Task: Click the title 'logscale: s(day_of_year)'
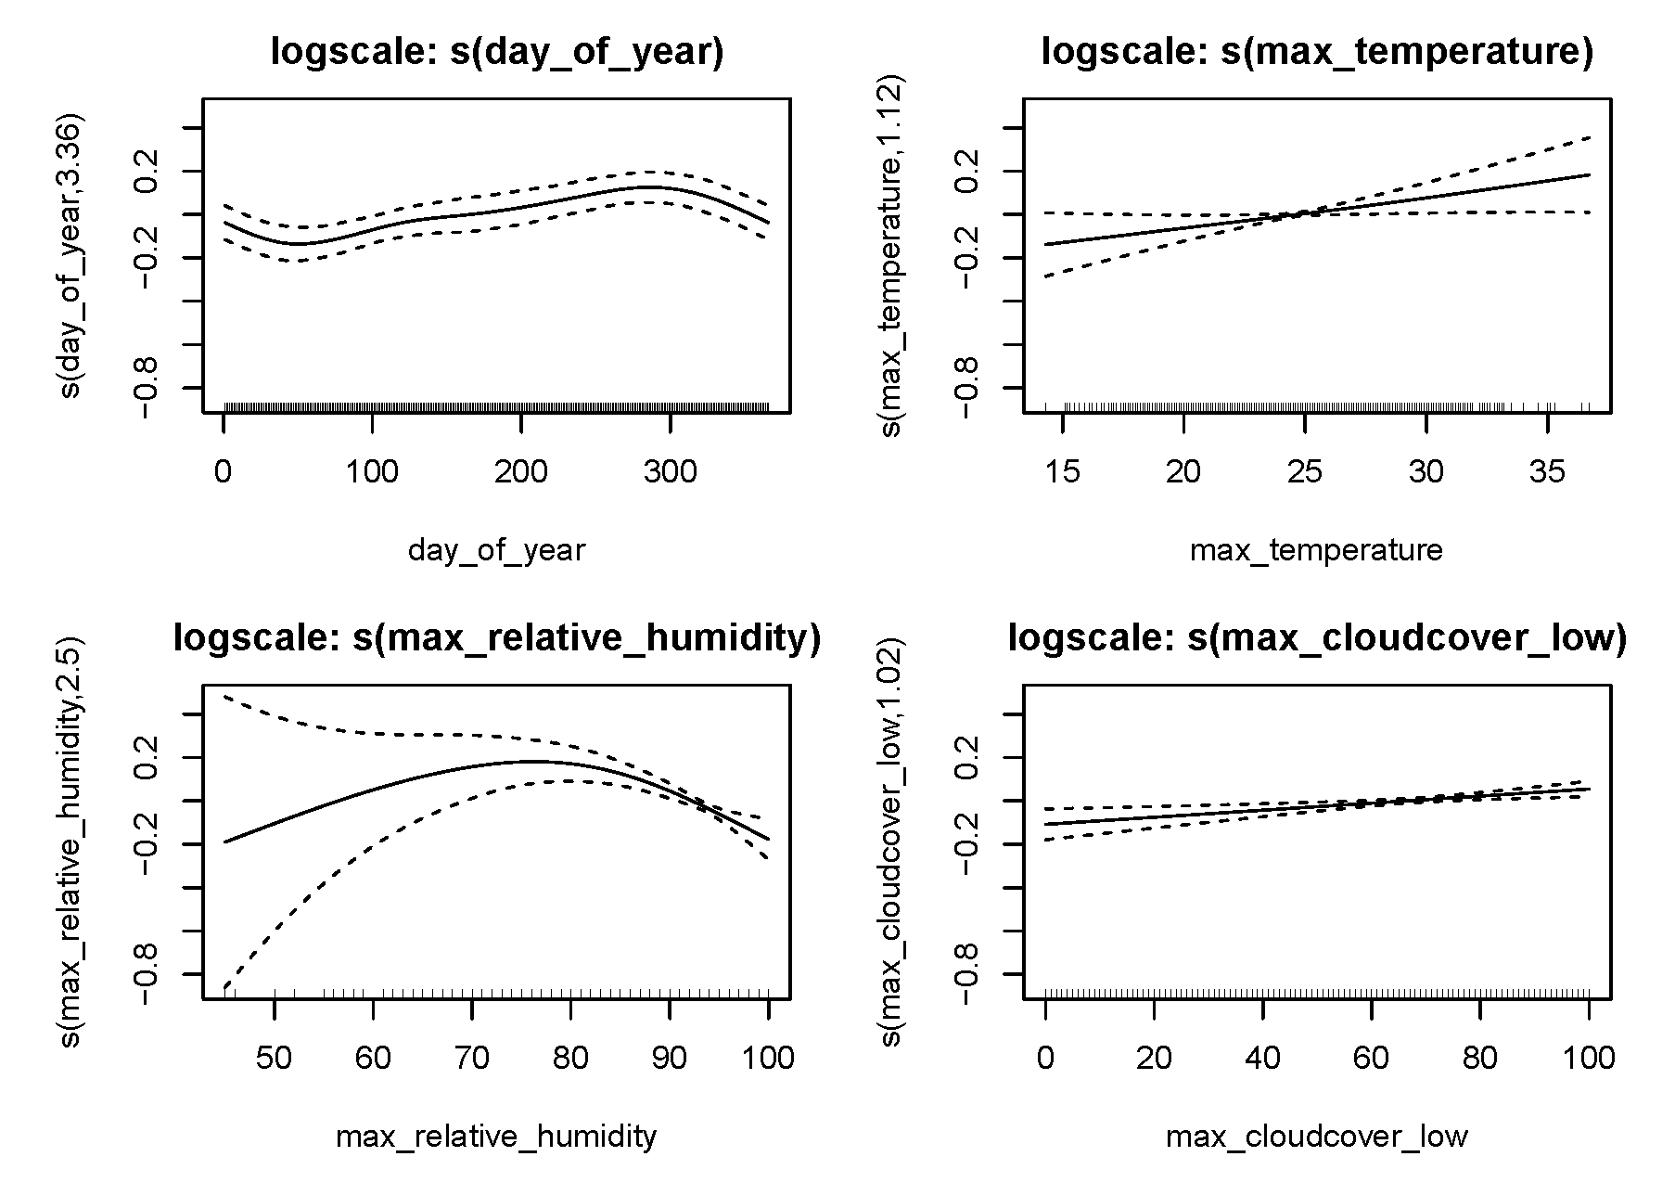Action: [496, 52]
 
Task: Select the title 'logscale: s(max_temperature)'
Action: [1317, 52]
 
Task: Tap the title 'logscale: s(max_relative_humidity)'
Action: [496, 639]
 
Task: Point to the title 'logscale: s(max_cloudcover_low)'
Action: [1317, 639]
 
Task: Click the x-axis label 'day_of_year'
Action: [496, 551]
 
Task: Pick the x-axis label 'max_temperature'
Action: [1316, 550]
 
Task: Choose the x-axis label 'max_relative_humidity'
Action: [496, 1137]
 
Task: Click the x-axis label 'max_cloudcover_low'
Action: [1316, 1137]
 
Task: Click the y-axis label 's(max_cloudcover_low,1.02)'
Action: [891, 843]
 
